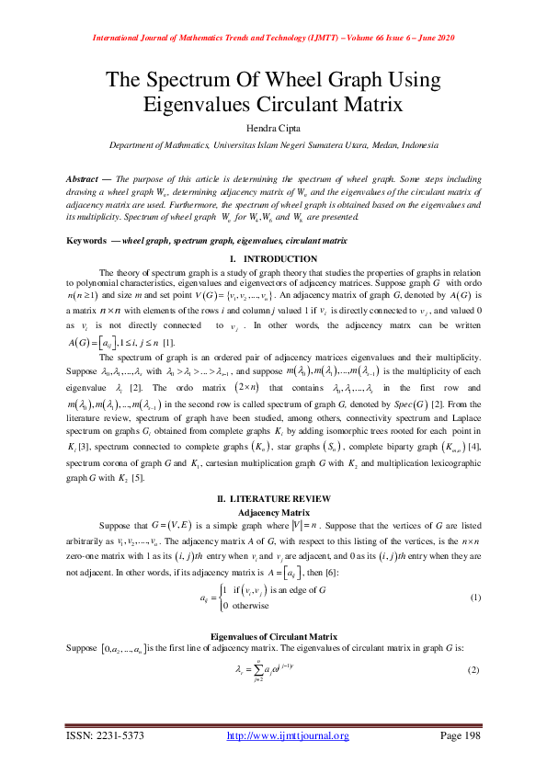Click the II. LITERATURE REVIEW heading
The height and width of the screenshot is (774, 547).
click(x=272, y=496)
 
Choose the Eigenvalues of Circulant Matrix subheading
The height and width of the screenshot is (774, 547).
click(x=272, y=635)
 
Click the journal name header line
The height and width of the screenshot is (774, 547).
click(x=273, y=38)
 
